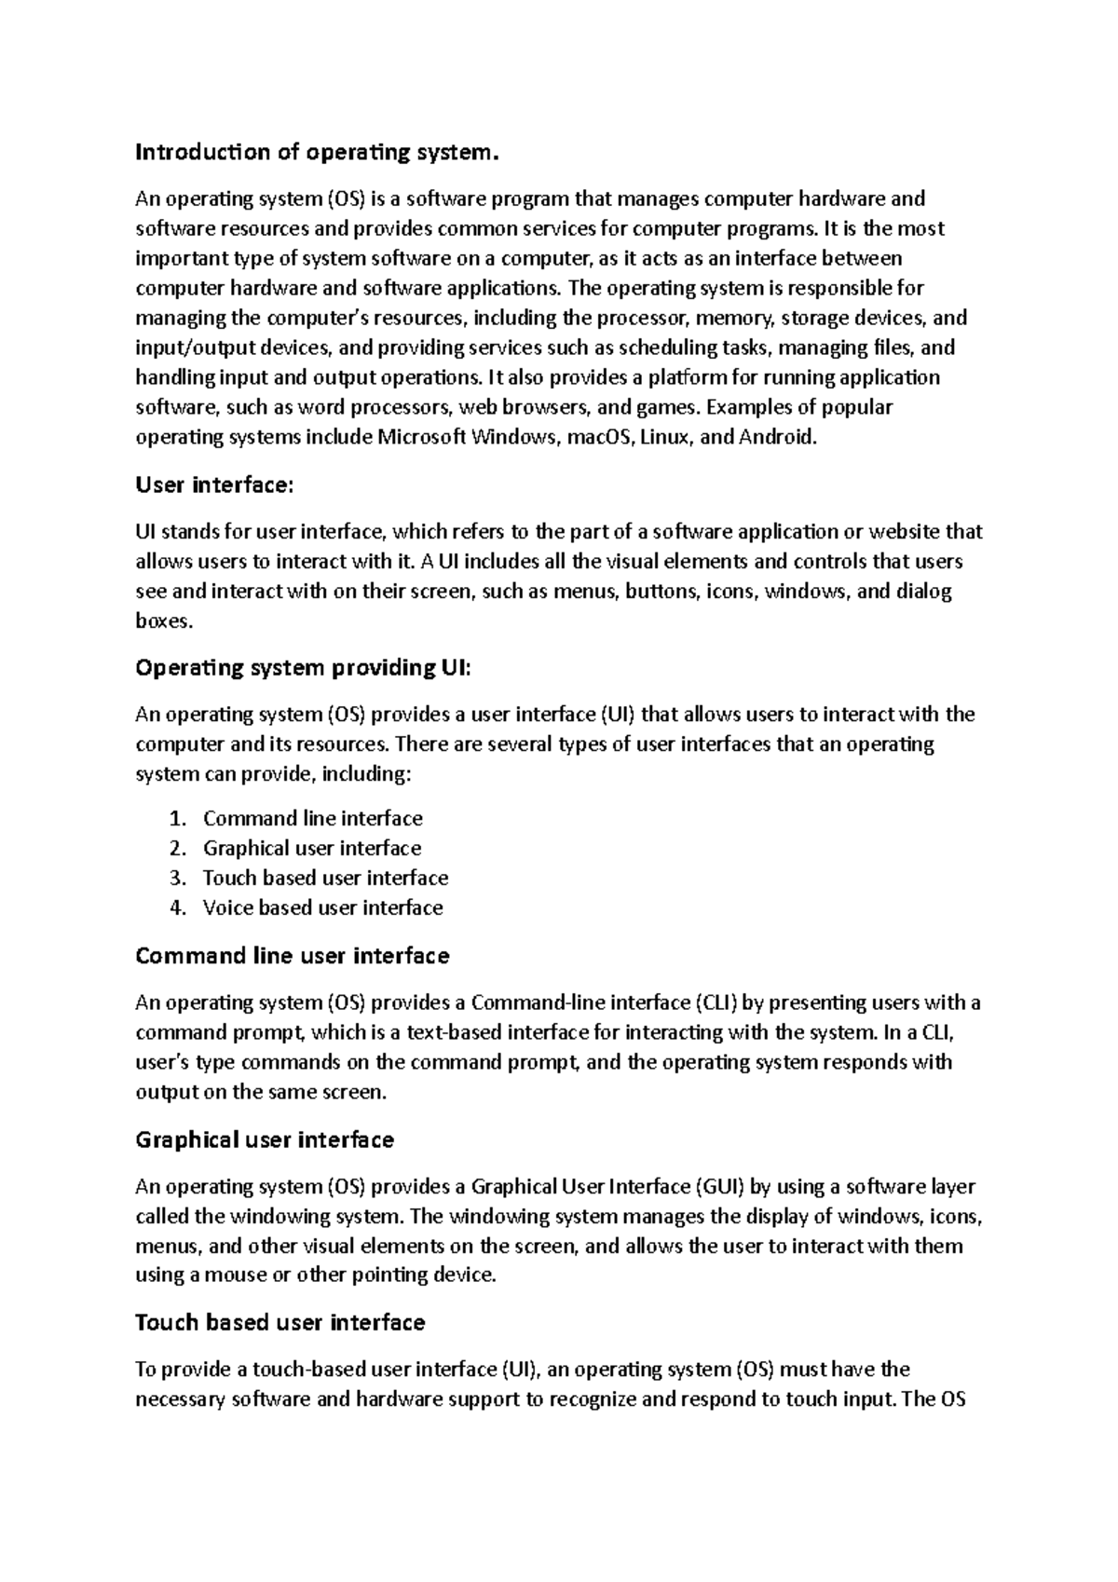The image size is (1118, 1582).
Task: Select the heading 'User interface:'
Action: [x=214, y=485]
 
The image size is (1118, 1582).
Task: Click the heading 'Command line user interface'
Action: [x=293, y=957]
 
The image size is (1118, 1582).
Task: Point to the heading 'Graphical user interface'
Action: [x=265, y=1140]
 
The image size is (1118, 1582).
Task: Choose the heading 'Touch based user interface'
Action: [x=280, y=1323]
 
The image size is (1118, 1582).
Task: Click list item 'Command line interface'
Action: [x=313, y=819]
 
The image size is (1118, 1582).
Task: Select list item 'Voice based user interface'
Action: [x=322, y=908]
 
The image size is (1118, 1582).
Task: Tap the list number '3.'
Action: [x=179, y=879]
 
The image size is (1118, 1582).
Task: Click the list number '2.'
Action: [x=179, y=849]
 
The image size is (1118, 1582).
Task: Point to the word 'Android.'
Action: [x=777, y=438]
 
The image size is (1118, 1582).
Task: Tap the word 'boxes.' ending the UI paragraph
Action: [x=164, y=621]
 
